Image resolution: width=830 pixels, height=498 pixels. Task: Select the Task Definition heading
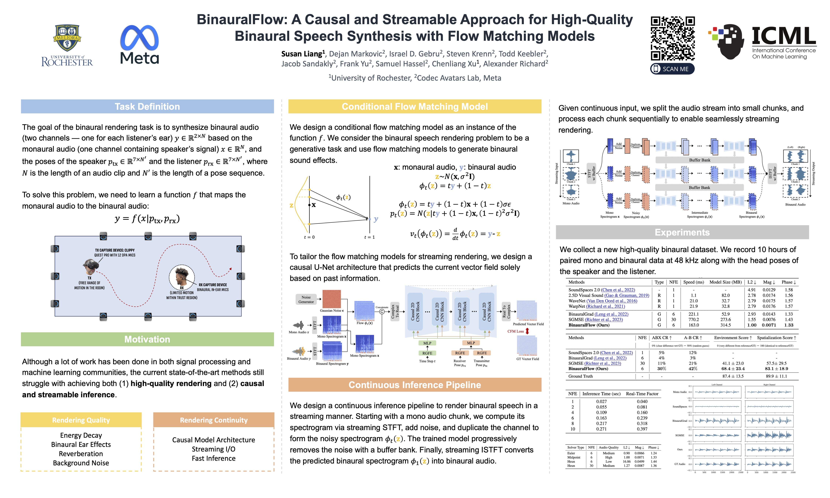coord(147,107)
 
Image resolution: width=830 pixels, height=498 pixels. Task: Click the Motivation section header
coord(147,339)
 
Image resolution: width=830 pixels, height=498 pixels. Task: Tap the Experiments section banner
coord(682,232)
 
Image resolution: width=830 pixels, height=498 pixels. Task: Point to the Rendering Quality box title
coord(81,420)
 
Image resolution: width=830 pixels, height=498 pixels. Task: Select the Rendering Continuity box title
coord(214,420)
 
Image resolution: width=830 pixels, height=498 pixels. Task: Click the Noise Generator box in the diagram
coord(306,299)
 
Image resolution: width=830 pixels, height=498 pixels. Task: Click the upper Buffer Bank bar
coord(699,160)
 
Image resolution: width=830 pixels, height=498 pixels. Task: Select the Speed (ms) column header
coord(694,282)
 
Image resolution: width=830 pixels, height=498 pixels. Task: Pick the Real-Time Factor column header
coord(642,394)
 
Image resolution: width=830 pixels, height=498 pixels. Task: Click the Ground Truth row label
coord(580,376)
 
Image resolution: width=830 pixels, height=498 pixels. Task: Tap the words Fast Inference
coord(214,458)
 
